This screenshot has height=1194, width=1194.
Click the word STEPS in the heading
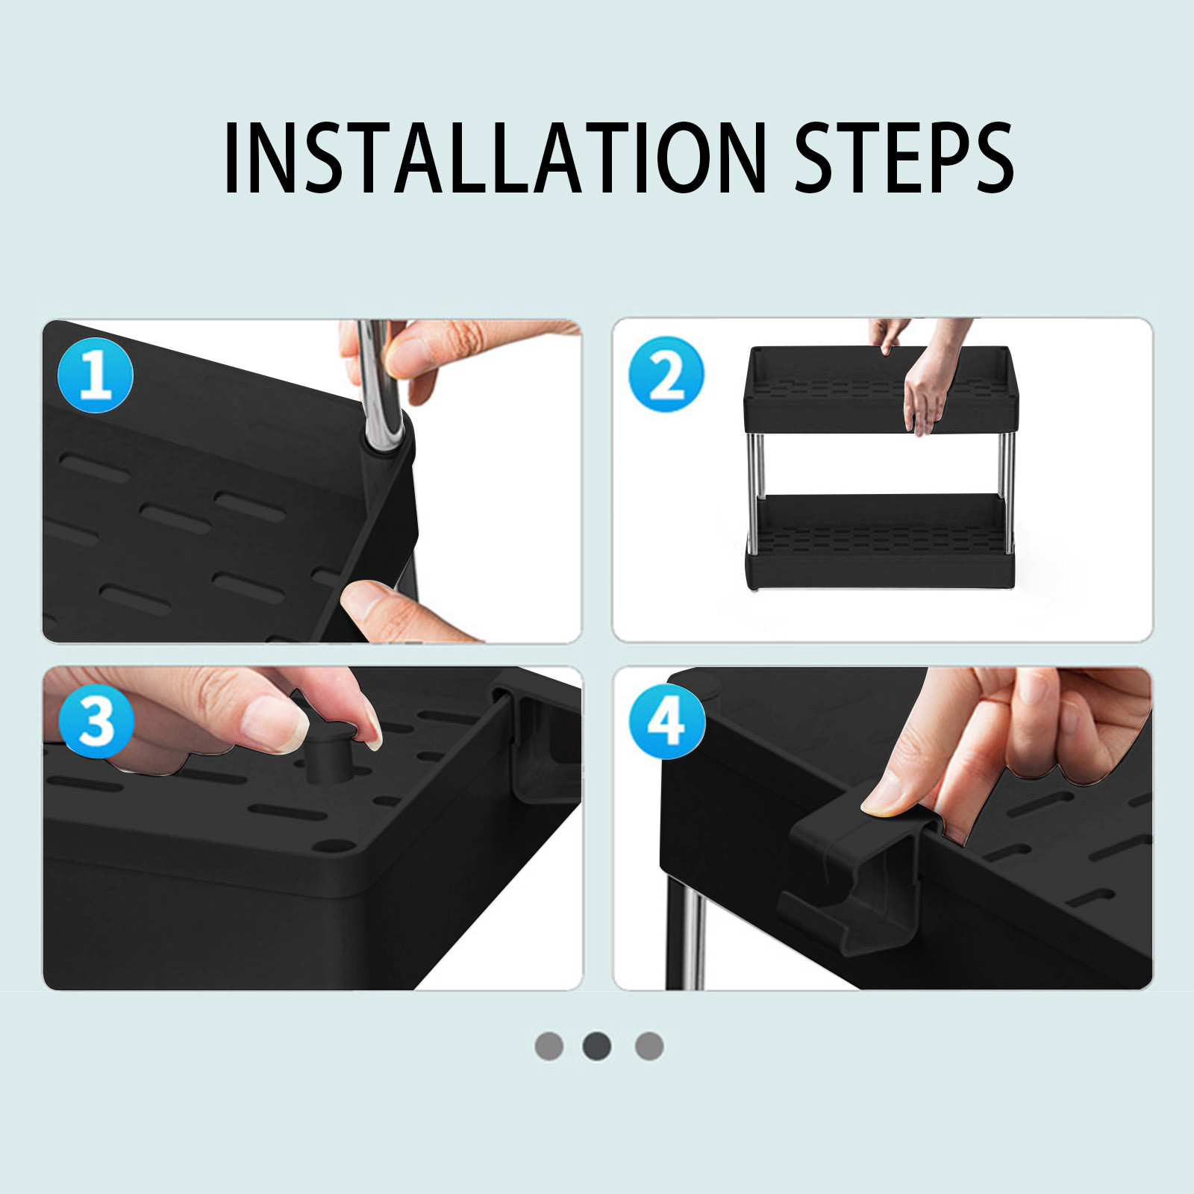904,158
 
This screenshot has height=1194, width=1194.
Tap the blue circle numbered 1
96,375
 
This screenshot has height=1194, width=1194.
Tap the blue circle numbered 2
666,375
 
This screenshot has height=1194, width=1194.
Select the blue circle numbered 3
96,721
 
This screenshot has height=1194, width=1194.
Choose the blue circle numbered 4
666,721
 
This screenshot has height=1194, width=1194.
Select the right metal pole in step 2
1006,493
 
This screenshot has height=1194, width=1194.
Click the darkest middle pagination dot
597,1045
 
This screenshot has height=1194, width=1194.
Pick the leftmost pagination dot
549,1045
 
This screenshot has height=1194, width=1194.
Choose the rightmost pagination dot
649,1045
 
